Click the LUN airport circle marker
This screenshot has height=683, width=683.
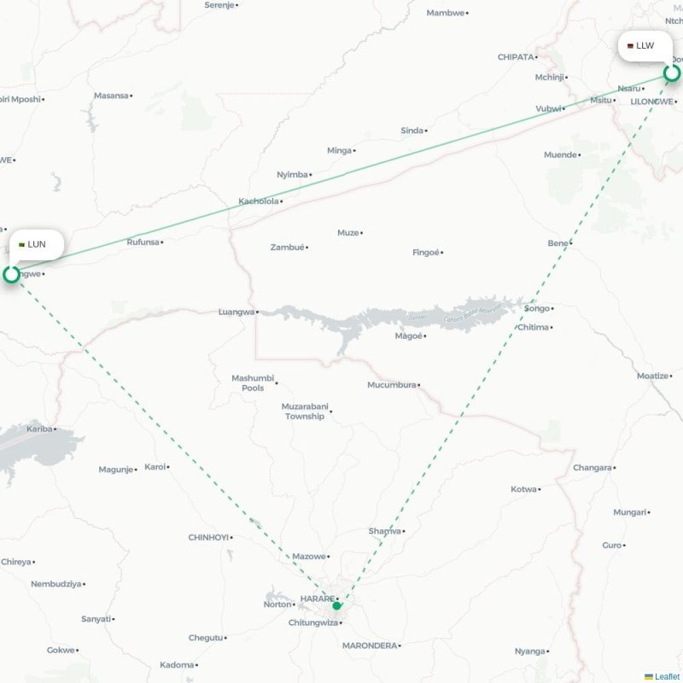(11, 274)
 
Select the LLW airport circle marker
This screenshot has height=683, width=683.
(672, 73)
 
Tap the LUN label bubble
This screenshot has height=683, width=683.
(37, 244)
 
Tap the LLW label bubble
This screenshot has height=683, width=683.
(645, 45)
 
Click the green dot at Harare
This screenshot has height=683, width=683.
(337, 606)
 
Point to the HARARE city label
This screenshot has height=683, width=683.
(317, 598)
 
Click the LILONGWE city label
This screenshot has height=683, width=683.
(652, 101)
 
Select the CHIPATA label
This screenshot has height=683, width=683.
(516, 57)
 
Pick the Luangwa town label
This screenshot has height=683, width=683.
(236, 312)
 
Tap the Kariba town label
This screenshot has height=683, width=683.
(39, 429)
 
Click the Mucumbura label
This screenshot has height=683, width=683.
(391, 385)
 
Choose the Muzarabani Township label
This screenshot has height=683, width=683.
(305, 412)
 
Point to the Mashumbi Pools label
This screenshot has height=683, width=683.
(253, 382)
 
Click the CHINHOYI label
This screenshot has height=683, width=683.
(208, 537)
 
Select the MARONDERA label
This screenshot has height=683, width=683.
(370, 645)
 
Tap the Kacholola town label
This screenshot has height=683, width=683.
(259, 201)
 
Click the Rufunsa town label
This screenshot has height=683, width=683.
(143, 242)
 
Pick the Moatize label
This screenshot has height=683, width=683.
(653, 376)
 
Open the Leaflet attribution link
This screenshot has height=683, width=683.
(667, 676)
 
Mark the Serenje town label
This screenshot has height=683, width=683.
(219, 4)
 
